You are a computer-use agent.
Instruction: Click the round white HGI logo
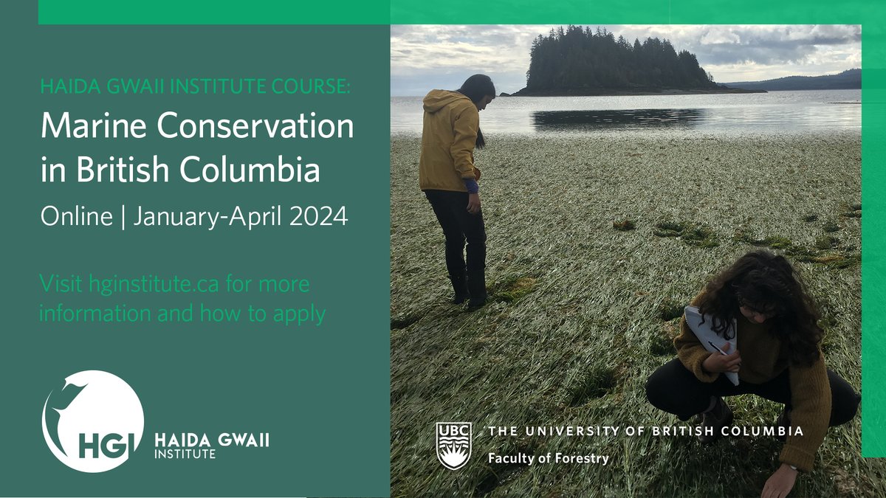click(93, 421)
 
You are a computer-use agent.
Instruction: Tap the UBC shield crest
click(453, 446)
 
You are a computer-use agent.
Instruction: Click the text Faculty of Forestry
click(548, 458)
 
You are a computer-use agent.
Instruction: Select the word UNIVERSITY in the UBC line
click(576, 431)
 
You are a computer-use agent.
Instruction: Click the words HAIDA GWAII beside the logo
click(211, 440)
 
